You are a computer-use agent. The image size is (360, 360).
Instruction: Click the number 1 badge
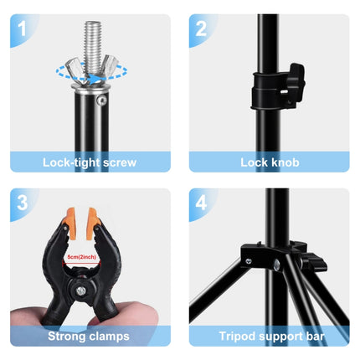pos(22,28)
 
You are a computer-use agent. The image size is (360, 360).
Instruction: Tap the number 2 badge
pos(201,28)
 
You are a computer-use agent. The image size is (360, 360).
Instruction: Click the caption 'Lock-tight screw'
pos(90,162)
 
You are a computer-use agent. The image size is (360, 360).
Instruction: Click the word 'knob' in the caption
pos(285,162)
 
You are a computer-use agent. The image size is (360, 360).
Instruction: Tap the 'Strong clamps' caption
pos(90,336)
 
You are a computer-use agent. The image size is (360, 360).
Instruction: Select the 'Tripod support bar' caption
pos(270,336)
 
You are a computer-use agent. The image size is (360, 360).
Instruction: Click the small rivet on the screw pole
pos(102,100)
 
